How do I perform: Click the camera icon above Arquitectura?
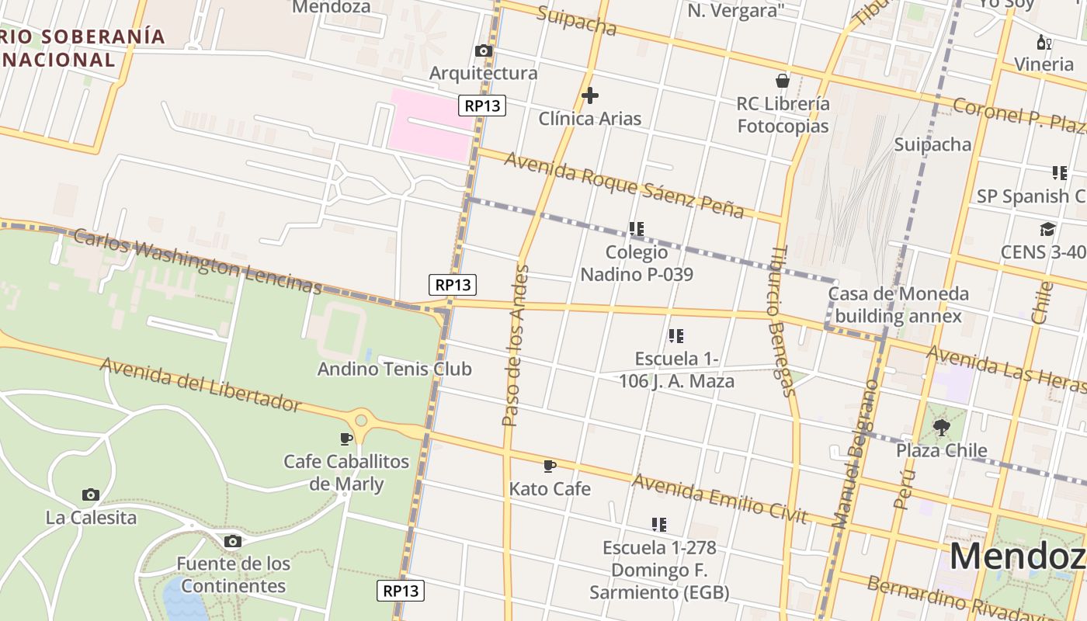coord(484,51)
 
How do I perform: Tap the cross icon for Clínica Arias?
coord(590,96)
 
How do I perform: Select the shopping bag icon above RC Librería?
coord(783,81)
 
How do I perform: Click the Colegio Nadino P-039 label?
coord(637,263)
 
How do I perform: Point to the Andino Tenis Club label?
coord(394,369)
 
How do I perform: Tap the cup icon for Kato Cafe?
coord(550,466)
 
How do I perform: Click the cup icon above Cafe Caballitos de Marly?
coord(346,439)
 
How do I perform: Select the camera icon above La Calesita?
coord(91,494)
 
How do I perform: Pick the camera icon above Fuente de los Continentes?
coord(232,541)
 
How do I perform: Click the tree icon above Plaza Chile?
coord(942,426)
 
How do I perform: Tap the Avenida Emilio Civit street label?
coord(720,498)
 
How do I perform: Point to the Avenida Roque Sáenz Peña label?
coord(624,185)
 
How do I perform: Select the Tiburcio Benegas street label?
coord(780,321)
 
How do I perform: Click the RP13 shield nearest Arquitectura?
coord(482,106)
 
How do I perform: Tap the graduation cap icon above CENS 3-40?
coord(1047,229)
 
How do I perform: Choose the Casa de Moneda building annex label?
coord(898,305)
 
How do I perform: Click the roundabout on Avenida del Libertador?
coord(361,420)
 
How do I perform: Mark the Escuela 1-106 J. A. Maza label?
coord(676,369)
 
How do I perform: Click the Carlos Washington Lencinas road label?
coord(198,262)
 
